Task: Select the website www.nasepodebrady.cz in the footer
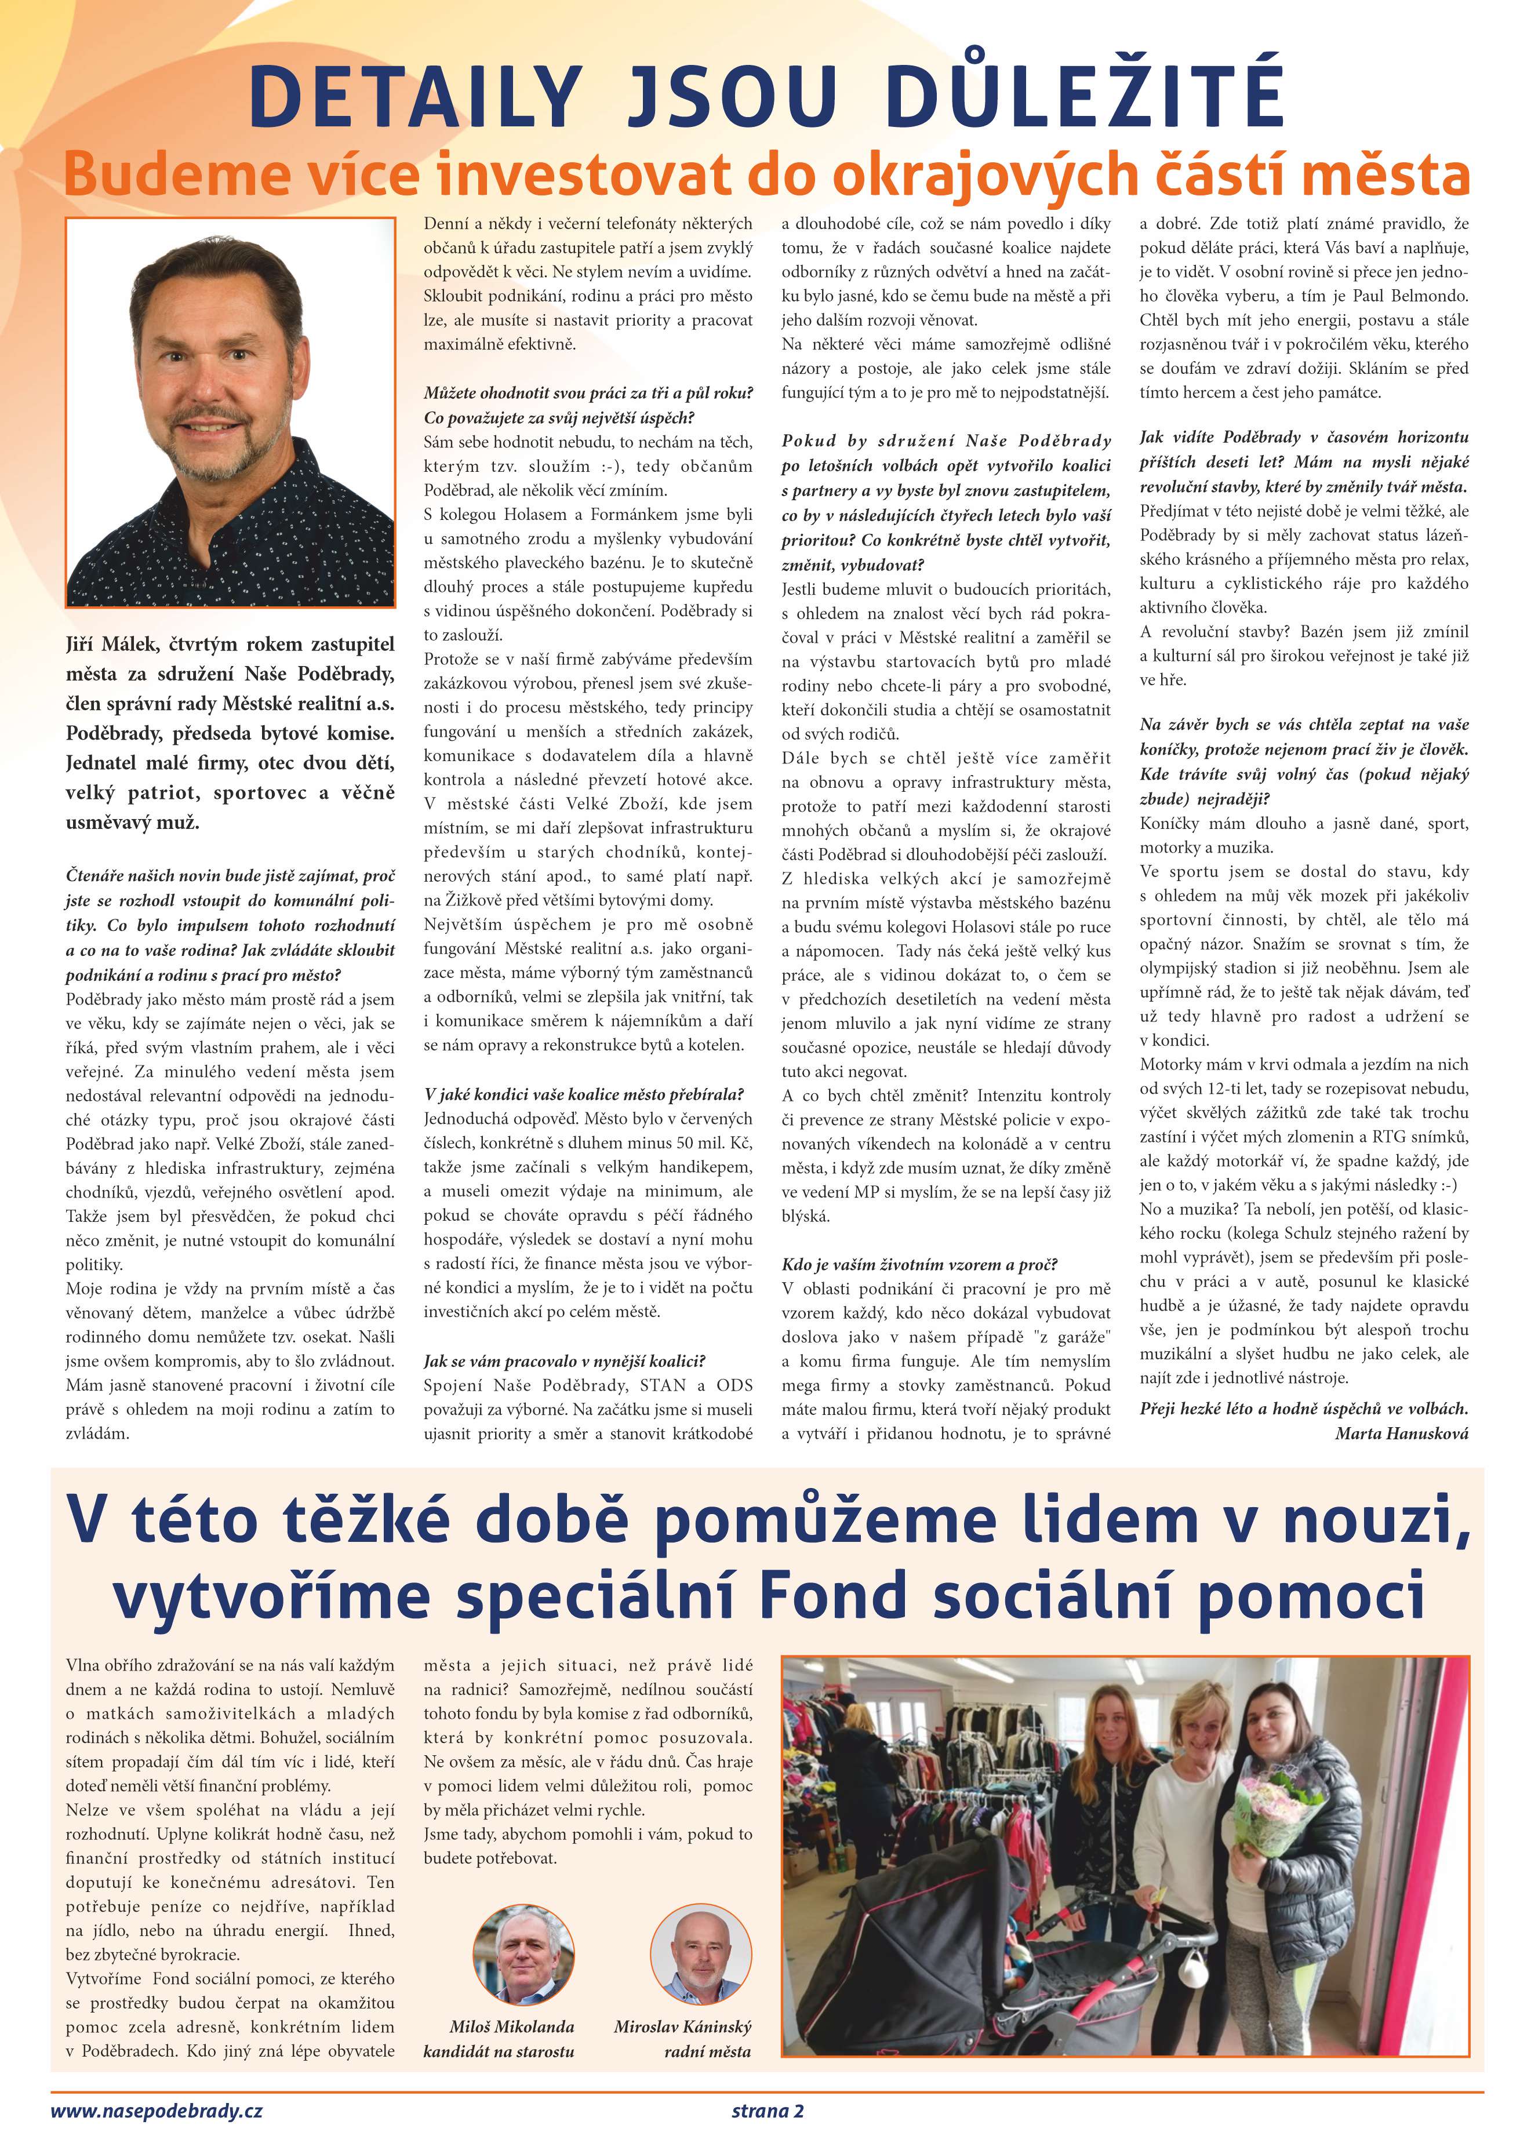(x=157, y=2110)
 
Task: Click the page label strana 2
(x=768, y=2110)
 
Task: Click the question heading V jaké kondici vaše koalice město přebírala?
(x=583, y=1094)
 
